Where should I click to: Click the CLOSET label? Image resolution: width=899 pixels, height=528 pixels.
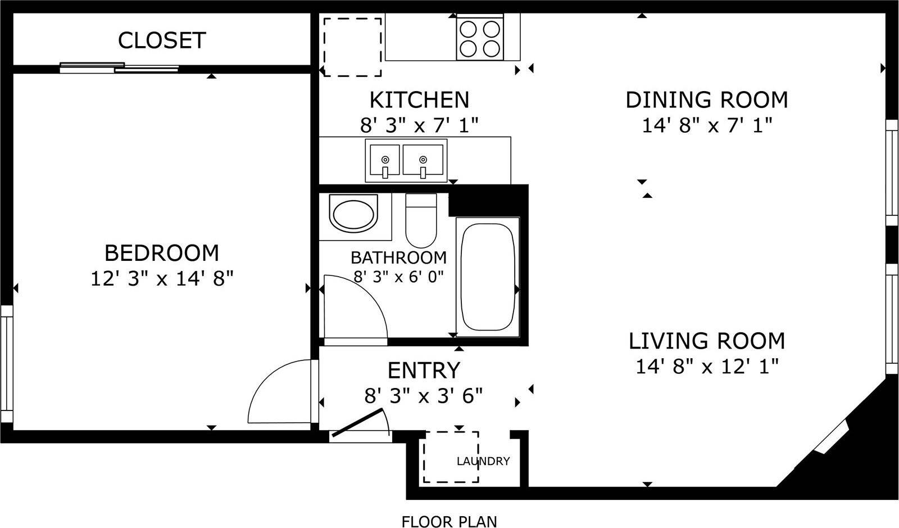(162, 40)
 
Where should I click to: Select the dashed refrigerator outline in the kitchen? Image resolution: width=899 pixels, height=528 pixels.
(352, 47)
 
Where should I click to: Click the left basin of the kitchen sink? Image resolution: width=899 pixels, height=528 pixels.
(384, 160)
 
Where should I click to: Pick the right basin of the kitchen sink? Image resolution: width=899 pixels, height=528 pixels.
(423, 160)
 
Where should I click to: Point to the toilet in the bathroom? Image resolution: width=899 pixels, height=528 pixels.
(421, 221)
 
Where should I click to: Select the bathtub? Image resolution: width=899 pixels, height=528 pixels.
(488, 277)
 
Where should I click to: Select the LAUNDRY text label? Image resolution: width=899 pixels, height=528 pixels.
(483, 462)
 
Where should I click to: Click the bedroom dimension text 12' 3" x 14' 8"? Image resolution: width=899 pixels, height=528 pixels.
(162, 278)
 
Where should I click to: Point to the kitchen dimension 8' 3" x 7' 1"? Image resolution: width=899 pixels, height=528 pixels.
(419, 125)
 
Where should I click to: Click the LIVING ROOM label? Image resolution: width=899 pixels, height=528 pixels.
(706, 341)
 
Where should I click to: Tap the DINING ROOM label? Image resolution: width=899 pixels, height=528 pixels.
(707, 100)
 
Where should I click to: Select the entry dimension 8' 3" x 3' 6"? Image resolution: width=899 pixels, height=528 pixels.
(424, 396)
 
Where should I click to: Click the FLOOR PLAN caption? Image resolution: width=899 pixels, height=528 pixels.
(449, 521)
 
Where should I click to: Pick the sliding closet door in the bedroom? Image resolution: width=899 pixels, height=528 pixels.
(119, 67)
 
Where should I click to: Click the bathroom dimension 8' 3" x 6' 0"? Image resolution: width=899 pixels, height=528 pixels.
(398, 277)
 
